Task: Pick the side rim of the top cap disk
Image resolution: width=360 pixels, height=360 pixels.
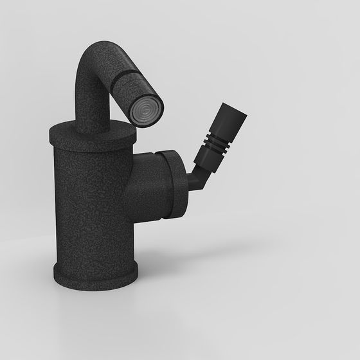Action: (x=90, y=143)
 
